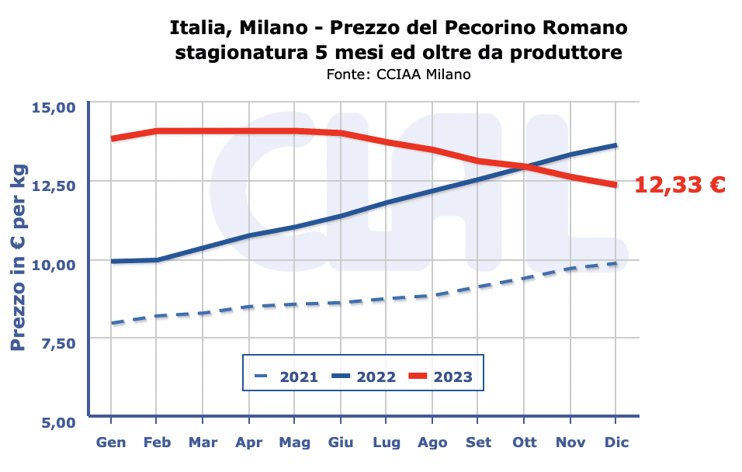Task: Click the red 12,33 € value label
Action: tap(680, 185)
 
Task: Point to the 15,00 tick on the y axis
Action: tap(54, 106)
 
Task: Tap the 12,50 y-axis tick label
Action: tap(54, 185)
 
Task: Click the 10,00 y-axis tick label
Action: tap(54, 264)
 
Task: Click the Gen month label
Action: tap(111, 442)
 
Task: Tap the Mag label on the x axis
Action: tap(295, 442)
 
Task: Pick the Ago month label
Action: tap(432, 442)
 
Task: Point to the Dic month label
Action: tap(616, 442)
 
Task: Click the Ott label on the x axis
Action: tap(525, 442)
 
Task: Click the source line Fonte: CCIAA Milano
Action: tap(399, 75)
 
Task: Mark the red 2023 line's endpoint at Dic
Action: tap(615, 185)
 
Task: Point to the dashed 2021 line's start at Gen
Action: tap(112, 323)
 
